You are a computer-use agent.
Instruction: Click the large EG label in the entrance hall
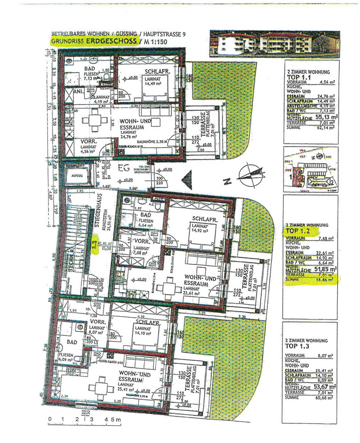click(123, 168)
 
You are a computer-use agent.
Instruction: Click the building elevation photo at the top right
click(274, 43)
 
